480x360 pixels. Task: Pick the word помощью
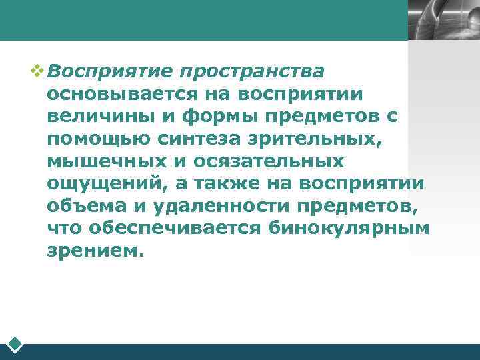(87, 139)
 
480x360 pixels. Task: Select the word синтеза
(173, 139)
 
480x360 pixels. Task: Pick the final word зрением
(95, 252)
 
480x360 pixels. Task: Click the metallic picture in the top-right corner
(443, 20)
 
